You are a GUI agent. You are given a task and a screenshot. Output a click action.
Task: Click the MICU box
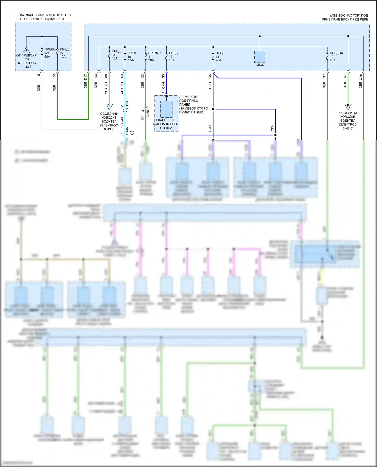(x=260, y=57)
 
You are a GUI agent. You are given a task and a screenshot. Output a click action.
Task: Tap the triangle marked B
(x=26, y=50)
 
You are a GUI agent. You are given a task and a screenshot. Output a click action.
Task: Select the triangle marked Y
(x=109, y=106)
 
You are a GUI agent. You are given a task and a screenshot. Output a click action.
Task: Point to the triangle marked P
(x=348, y=106)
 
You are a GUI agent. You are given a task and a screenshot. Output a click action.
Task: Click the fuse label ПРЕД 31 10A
(x=115, y=55)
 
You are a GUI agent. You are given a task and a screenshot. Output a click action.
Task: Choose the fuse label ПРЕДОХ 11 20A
(x=154, y=56)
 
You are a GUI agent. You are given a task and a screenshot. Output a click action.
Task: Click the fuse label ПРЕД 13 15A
(x=173, y=56)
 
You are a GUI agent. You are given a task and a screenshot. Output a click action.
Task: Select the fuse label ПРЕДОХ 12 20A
(x=336, y=56)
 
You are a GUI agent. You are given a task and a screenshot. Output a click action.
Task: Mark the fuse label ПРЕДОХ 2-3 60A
(x=50, y=53)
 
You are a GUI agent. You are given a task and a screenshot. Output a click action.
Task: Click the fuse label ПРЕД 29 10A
(x=64, y=53)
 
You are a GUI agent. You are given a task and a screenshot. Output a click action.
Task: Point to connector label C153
(x=127, y=105)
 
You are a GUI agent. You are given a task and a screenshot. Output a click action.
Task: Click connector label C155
(x=148, y=114)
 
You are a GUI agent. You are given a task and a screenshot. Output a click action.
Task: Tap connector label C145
(x=127, y=131)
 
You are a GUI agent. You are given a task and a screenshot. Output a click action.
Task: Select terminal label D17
(x=85, y=77)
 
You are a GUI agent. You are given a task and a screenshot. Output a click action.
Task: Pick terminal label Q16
(x=361, y=77)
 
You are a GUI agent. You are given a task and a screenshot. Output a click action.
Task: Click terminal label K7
(x=345, y=76)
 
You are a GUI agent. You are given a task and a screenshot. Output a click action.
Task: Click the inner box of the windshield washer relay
(x=166, y=109)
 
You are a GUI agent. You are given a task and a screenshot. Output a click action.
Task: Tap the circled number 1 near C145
(x=132, y=132)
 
